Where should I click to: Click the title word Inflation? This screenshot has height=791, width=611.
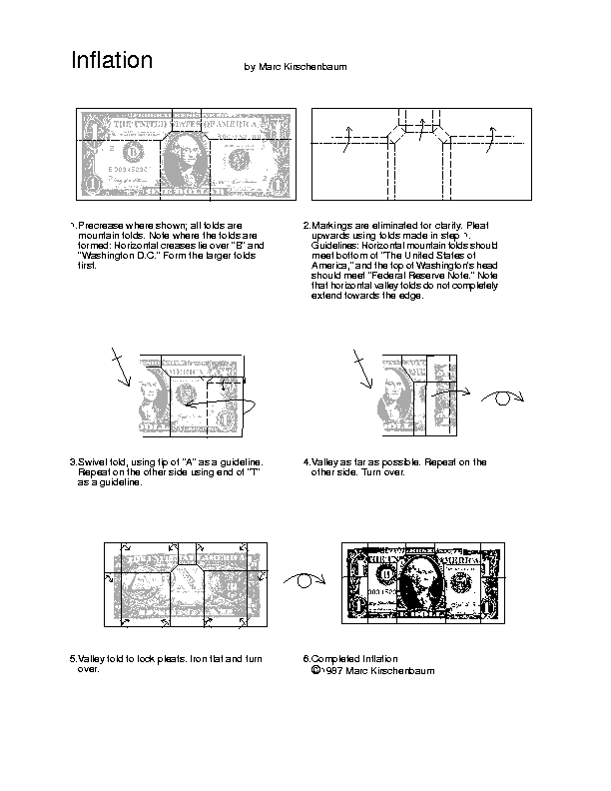[112, 61]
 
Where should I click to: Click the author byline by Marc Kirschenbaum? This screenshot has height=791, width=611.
[296, 67]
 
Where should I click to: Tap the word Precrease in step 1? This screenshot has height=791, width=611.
[102, 226]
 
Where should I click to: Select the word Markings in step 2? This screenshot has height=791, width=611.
[330, 226]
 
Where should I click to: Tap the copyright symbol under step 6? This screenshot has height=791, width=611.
[316, 671]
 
